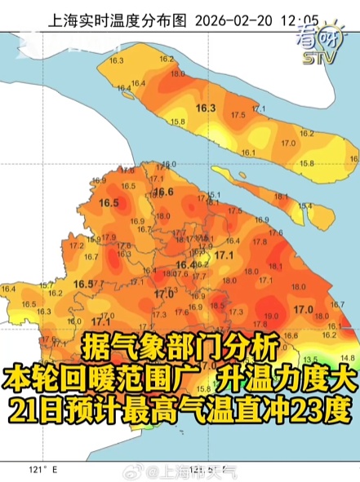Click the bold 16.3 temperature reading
[x=205, y=108]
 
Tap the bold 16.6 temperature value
[x=164, y=192]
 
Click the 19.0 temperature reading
[x=271, y=316]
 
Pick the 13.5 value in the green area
[x=309, y=359]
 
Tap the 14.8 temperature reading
[x=347, y=357]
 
